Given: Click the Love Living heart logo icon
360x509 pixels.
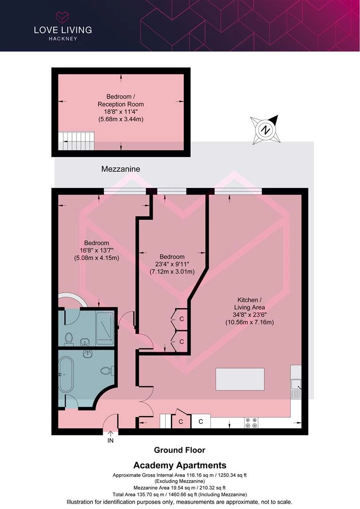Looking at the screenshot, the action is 63,17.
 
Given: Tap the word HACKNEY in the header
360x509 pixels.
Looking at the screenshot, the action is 63,39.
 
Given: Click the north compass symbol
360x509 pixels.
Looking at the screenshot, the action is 266,130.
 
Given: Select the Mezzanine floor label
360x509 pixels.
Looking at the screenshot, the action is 121,169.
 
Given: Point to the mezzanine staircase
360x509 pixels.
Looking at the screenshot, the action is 76,140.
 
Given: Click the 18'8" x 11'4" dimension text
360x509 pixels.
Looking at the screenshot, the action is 121,112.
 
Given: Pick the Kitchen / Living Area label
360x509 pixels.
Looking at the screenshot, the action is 250,304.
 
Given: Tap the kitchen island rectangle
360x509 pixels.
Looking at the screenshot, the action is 240,379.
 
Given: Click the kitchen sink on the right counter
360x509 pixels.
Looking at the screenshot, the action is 296,388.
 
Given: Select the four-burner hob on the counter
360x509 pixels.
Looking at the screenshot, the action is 251,423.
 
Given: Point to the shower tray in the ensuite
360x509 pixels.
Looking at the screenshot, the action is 105,328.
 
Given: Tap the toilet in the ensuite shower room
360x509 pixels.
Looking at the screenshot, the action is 68,338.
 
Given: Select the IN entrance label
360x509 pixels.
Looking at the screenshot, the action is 111,441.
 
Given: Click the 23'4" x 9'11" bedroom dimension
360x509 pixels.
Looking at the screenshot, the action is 172,264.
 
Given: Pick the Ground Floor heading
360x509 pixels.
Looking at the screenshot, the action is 180,450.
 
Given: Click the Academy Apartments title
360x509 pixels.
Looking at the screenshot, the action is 180,465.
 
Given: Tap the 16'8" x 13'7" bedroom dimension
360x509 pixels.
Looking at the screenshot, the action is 97,250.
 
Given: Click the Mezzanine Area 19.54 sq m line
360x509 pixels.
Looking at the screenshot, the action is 180,488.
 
